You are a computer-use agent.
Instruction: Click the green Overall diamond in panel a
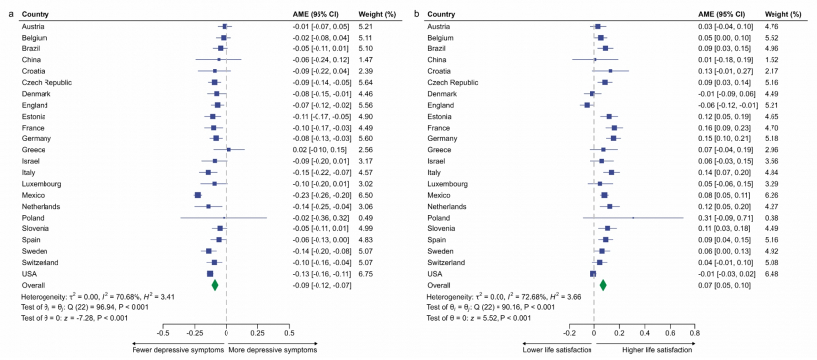[x=215, y=285]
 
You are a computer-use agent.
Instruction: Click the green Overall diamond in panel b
[x=603, y=285]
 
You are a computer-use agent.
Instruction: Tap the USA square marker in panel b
[x=592, y=274]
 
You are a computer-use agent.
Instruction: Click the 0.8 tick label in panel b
[x=694, y=334]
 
